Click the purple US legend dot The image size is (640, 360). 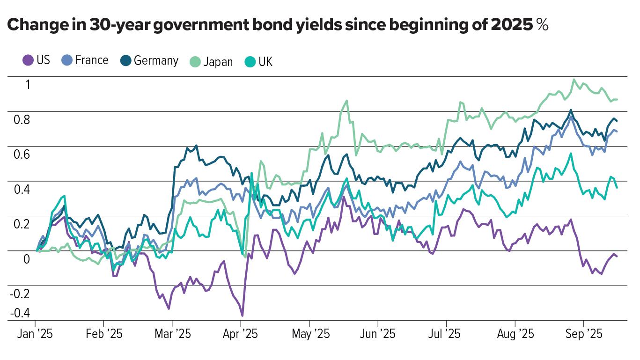[x=28, y=60]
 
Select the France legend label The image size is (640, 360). [x=91, y=60]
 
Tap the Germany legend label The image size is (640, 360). [x=155, y=60]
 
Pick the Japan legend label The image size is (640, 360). [x=218, y=62]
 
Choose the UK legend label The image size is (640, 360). [x=265, y=62]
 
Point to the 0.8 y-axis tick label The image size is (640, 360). [x=21, y=119]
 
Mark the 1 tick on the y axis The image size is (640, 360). [x=28, y=85]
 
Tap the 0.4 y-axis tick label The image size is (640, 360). [x=21, y=189]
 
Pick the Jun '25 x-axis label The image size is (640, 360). [x=379, y=334]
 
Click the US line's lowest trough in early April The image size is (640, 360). [x=242, y=316]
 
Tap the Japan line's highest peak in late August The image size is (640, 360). [x=574, y=80]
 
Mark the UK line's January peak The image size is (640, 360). [x=64, y=196]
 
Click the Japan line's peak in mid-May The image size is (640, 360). [x=346, y=100]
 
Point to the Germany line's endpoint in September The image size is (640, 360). [x=617, y=121]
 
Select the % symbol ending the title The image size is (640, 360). [x=543, y=26]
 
